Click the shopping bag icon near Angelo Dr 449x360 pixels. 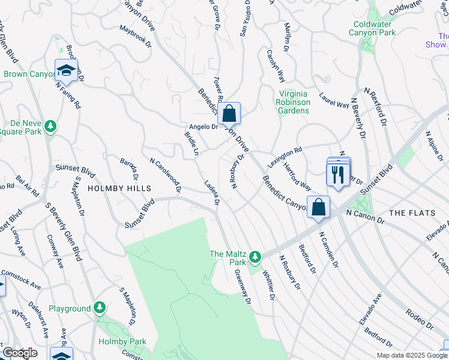229,113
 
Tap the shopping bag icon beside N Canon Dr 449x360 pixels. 319,207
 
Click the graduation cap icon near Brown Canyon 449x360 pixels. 66,70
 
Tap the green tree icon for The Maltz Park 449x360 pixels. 255,257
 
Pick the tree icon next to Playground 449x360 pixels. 99,308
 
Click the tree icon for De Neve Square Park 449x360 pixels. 52,125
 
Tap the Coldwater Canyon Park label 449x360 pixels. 374,28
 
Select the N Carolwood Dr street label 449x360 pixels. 166,175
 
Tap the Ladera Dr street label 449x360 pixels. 212,193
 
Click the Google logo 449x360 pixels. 20,353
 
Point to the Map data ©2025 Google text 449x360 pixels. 411,355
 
